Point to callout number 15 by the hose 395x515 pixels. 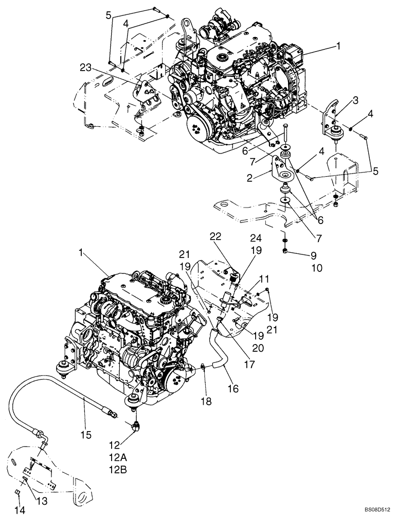pyautogui.click(x=86, y=435)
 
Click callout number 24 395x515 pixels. pyautogui.click(x=256, y=237)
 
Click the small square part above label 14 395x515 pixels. pyautogui.click(x=17, y=492)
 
